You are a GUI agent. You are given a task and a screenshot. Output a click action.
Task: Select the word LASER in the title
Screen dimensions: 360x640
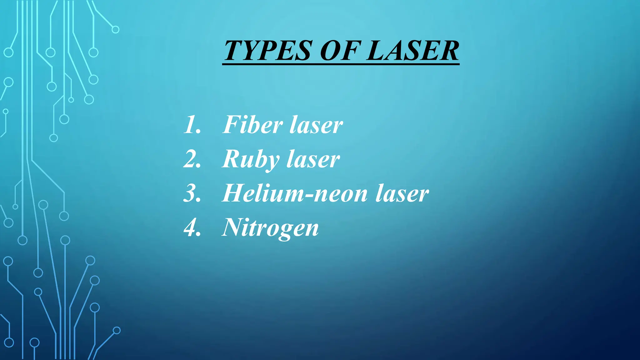[412, 51]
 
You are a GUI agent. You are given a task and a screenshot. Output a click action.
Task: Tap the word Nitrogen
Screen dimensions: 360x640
[270, 228]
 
